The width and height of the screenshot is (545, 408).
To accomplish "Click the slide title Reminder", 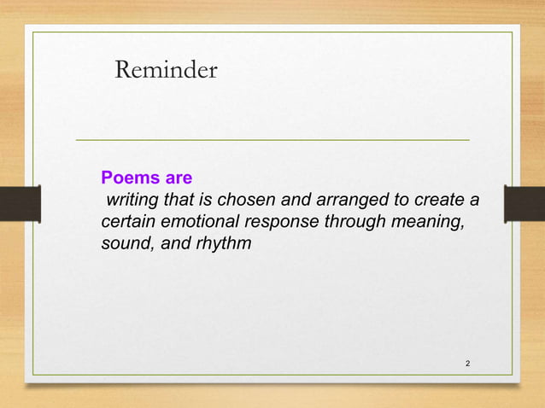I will pyautogui.click(x=166, y=71).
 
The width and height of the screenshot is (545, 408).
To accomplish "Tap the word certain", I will pyautogui.click(x=128, y=222).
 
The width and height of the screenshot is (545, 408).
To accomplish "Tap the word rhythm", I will pyautogui.click(x=224, y=244).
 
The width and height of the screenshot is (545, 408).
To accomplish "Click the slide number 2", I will pyautogui.click(x=467, y=364).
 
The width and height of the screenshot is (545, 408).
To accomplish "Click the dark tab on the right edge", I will pyautogui.click(x=524, y=204).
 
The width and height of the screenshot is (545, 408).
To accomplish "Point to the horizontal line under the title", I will pyautogui.click(x=272, y=139).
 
